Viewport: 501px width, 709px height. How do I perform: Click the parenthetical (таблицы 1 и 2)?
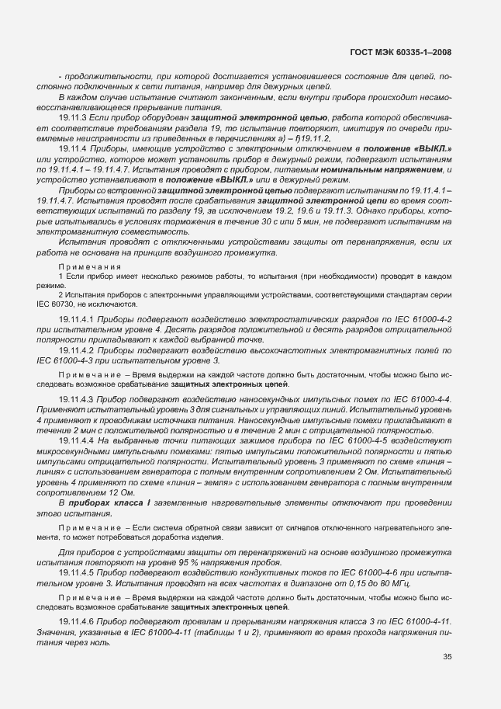[x=209, y=634]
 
